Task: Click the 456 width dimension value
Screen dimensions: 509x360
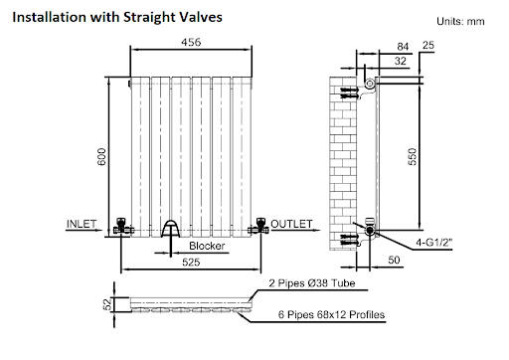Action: (x=191, y=42)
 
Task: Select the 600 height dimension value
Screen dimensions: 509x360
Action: (x=101, y=157)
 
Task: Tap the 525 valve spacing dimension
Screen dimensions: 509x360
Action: (x=191, y=263)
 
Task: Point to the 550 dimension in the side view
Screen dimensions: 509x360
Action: (x=412, y=157)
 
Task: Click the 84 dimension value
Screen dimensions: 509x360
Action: (x=403, y=47)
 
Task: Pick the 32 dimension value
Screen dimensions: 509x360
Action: (x=401, y=61)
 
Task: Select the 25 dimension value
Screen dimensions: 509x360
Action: (x=428, y=45)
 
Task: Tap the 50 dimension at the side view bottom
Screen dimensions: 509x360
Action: (x=394, y=260)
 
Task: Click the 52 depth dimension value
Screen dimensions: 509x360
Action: (x=107, y=304)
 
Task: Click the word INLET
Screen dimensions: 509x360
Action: (x=82, y=224)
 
